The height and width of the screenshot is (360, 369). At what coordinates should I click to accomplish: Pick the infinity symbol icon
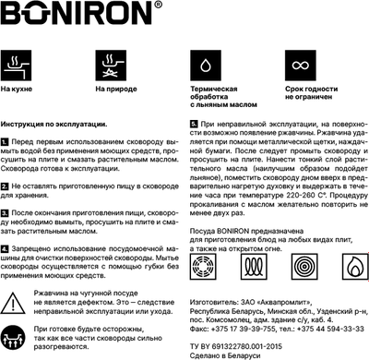pos(303,66)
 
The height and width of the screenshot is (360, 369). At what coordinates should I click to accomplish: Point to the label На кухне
pos(18,90)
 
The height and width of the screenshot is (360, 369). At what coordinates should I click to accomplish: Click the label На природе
pos(115,90)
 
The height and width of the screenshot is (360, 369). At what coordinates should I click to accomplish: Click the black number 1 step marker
pos(6,141)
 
